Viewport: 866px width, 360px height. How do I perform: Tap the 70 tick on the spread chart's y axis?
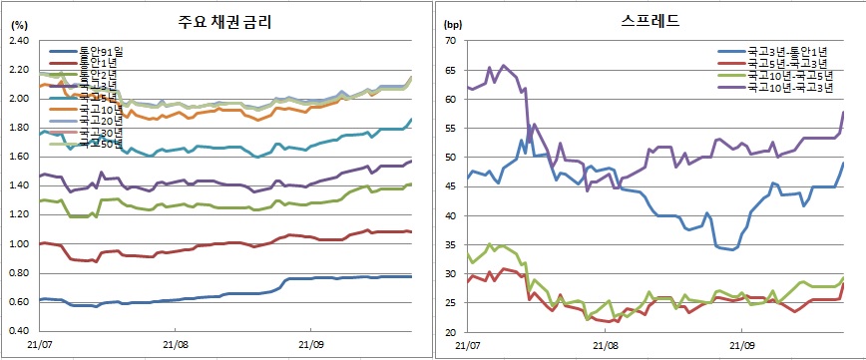(450, 41)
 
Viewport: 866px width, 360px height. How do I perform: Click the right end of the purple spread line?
(844, 112)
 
